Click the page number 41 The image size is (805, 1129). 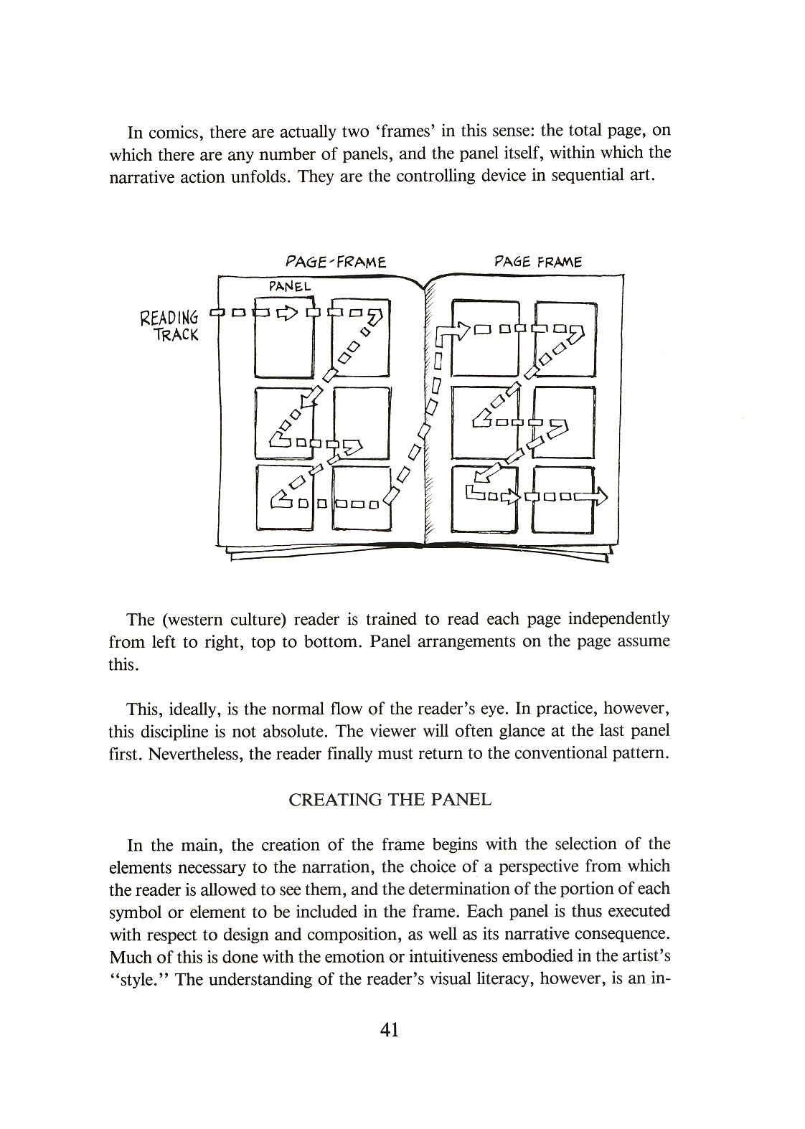[x=390, y=1030]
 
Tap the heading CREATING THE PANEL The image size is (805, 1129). [x=390, y=800]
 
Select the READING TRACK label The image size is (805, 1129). [x=171, y=326]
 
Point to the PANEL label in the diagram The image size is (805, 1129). [x=290, y=286]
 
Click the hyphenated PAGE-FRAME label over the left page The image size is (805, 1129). [x=336, y=262]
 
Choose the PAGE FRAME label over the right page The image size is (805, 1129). [x=538, y=262]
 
